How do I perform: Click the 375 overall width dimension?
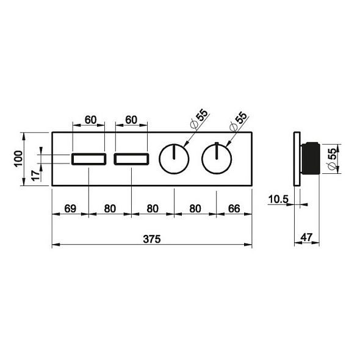click(x=152, y=239)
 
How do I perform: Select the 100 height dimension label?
click(x=18, y=159)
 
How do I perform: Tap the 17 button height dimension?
click(x=35, y=176)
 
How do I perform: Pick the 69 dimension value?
click(x=70, y=209)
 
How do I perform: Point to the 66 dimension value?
click(x=234, y=209)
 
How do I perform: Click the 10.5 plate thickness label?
click(x=278, y=200)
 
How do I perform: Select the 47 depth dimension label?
click(x=307, y=237)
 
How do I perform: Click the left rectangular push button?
click(x=89, y=159)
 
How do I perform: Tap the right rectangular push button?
click(x=132, y=159)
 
